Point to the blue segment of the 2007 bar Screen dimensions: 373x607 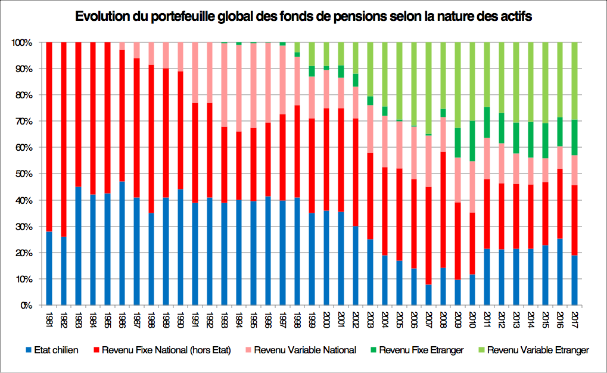(x=428, y=295)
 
